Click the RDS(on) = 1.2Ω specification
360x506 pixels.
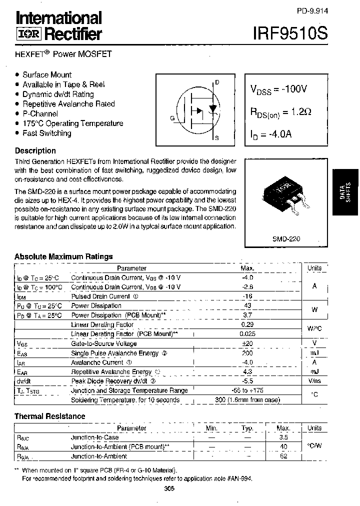(x=280, y=112)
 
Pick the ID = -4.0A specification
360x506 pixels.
(x=271, y=134)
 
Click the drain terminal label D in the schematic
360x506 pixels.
(x=216, y=82)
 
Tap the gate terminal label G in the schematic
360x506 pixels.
(x=172, y=118)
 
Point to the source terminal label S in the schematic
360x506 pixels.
(x=216, y=137)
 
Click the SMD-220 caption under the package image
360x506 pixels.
(x=286, y=239)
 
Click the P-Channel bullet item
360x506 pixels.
(x=40, y=113)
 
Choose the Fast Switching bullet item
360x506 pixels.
(x=46, y=133)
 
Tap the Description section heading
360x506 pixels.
(x=35, y=150)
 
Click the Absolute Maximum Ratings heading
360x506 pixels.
(x=63, y=256)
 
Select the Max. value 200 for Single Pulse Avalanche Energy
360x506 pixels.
(x=248, y=353)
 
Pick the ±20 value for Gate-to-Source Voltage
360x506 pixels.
(x=248, y=343)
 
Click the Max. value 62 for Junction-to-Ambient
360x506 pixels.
(x=283, y=456)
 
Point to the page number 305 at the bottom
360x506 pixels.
(x=168, y=489)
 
